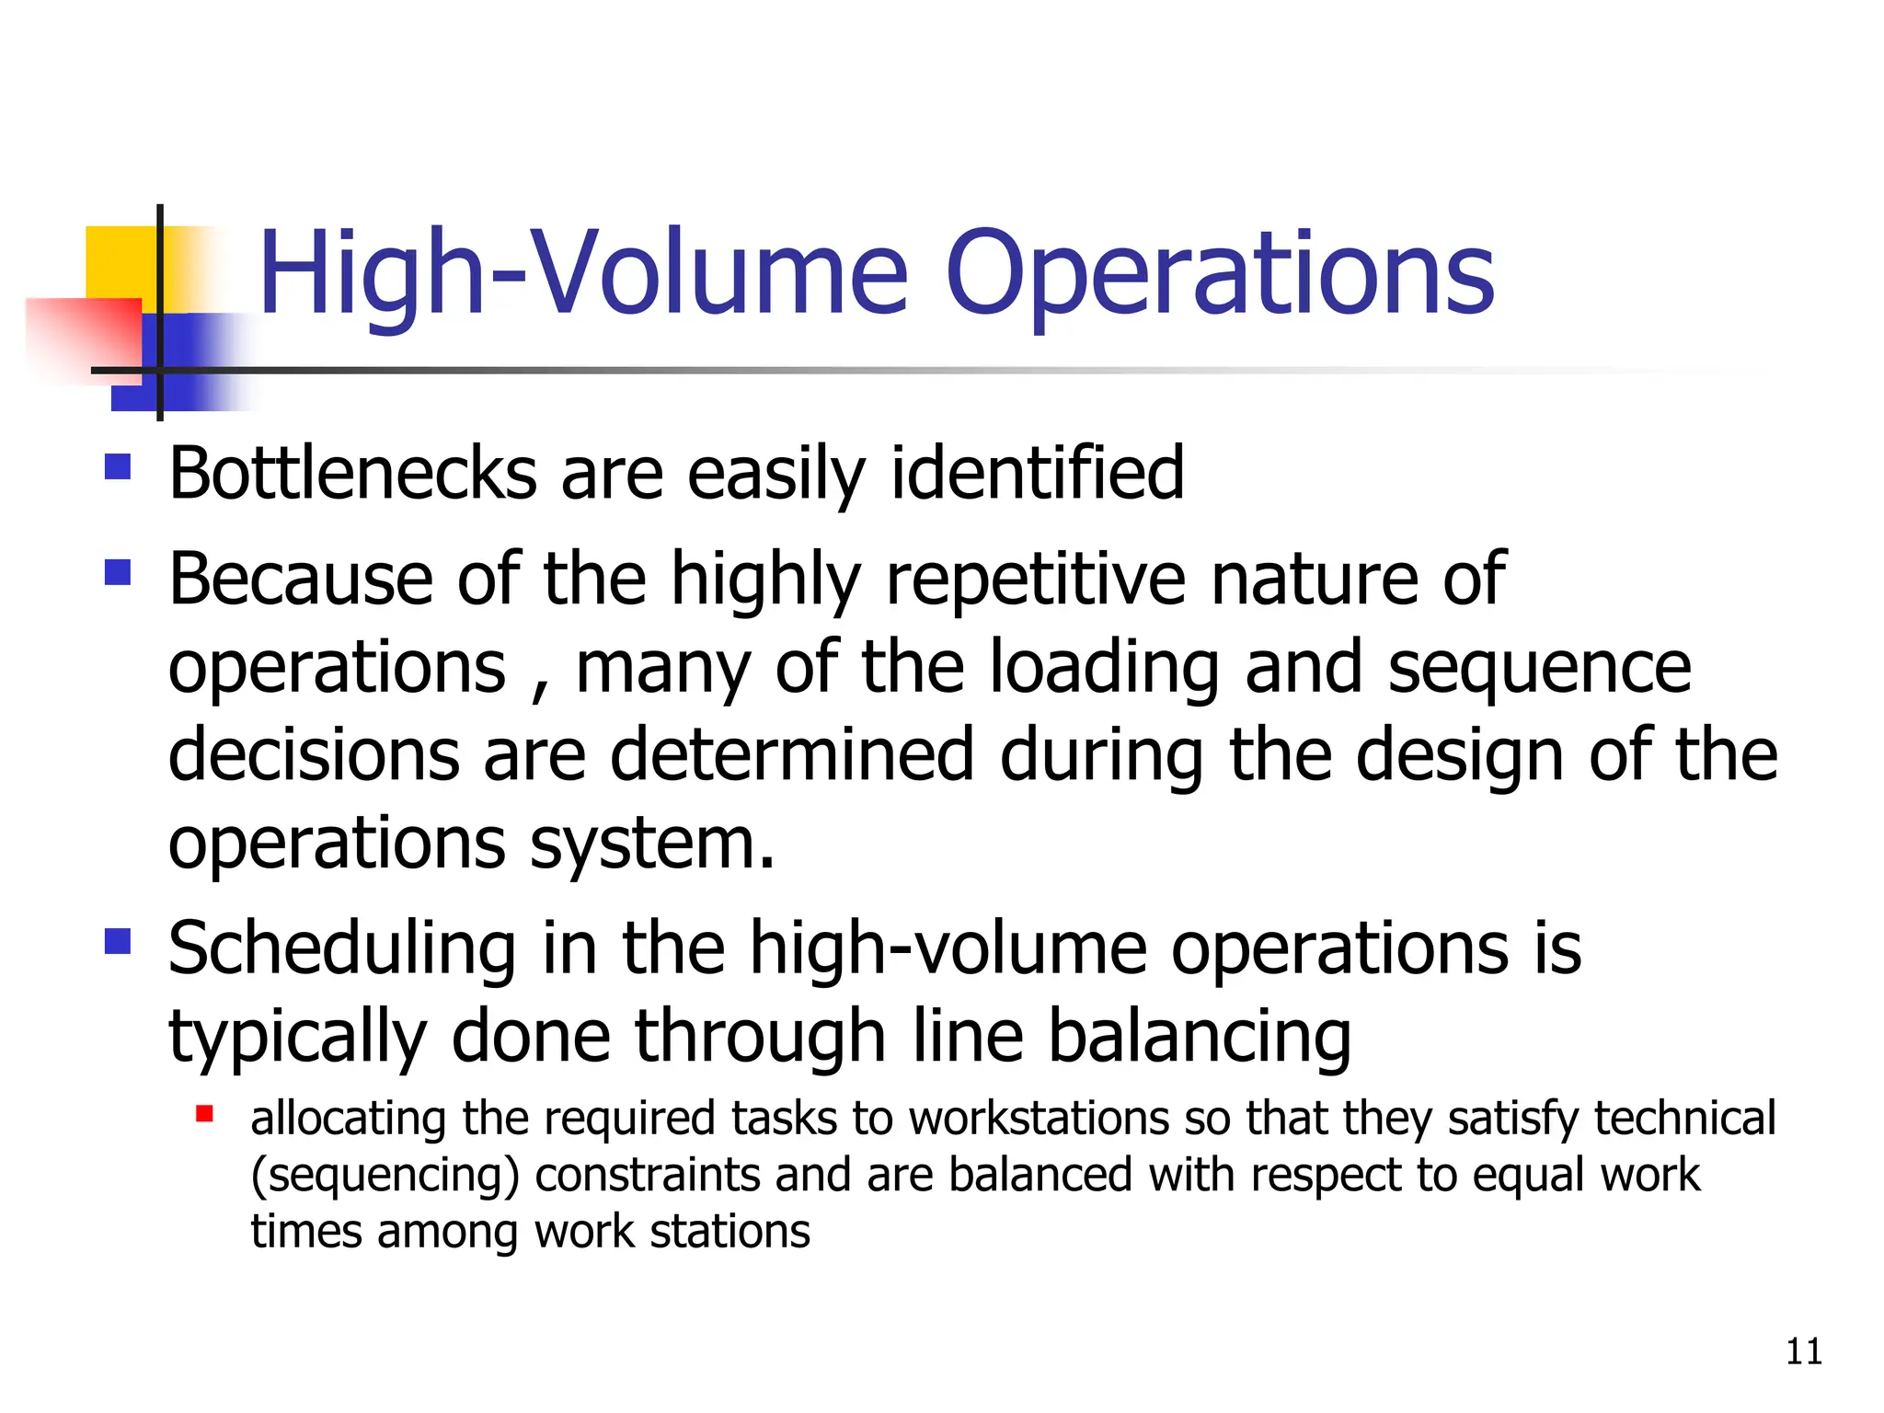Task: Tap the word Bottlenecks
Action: pos(352,474)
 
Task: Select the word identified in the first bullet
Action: pos(1037,474)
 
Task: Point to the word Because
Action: pos(301,579)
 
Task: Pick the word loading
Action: pos(1105,669)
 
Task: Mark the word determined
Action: pos(792,755)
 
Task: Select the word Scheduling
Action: pos(342,950)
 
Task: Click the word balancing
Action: pos(1200,1038)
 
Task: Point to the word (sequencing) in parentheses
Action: pos(385,1177)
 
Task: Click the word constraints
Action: pos(647,1175)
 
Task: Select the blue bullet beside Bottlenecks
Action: pos(118,466)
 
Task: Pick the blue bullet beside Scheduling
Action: pos(118,942)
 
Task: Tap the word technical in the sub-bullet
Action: pos(1684,1120)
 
